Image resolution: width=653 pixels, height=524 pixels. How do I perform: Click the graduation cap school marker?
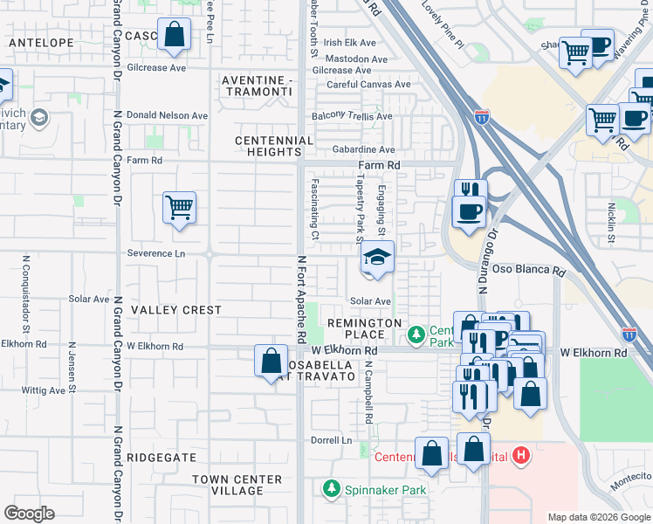coord(377,259)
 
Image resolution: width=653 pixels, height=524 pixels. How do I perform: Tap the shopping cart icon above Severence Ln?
coord(179,209)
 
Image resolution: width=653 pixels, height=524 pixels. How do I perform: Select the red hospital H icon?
coord(521,455)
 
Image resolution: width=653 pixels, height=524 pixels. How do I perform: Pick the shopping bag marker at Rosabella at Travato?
coord(271,361)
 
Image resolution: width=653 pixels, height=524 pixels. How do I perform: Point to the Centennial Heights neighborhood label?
coord(274,146)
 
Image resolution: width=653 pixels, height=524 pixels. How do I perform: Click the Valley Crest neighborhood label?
coord(176,310)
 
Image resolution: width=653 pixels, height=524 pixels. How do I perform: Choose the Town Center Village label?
coord(237,485)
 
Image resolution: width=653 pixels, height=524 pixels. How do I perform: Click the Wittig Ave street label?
coord(44,390)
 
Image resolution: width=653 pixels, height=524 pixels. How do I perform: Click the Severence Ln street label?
coord(156,253)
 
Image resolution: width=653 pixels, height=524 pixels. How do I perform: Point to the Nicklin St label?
coord(612,223)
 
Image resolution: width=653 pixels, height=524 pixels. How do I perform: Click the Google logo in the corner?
coord(29,514)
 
